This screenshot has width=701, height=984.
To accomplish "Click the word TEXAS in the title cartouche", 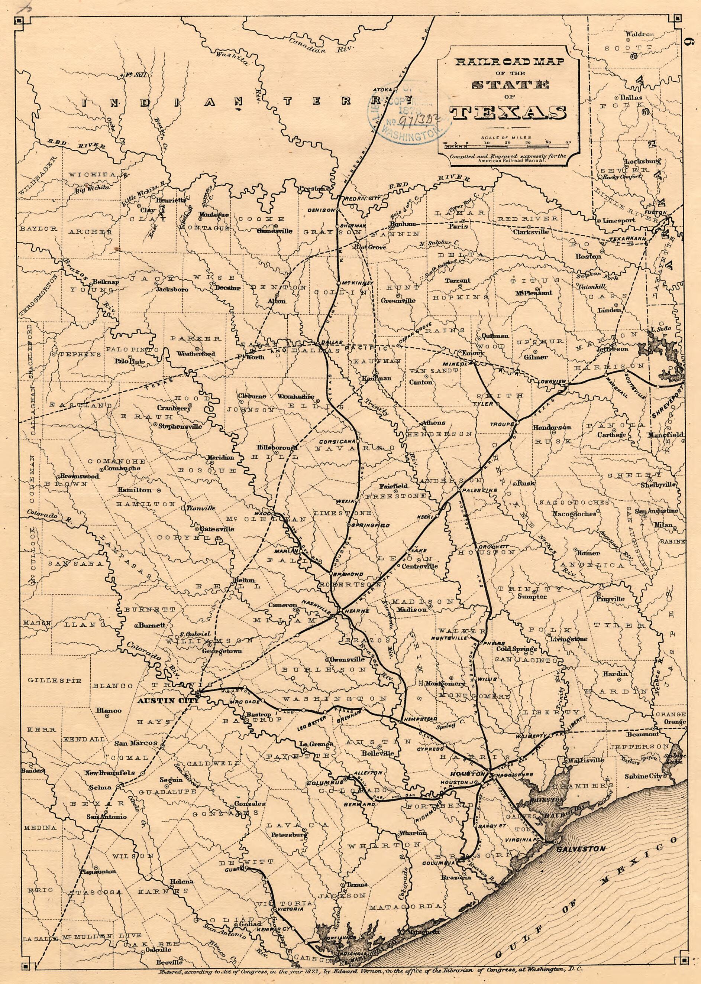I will [508, 113].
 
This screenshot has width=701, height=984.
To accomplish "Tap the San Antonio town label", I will [107, 816].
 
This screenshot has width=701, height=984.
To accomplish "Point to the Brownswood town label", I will [80, 476].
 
